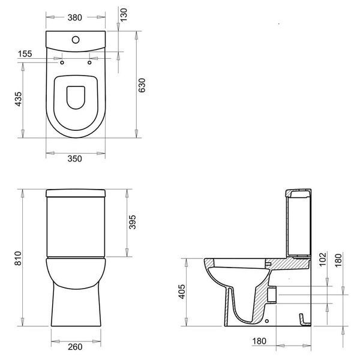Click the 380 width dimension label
[x=74, y=17]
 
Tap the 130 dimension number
[x=124, y=15]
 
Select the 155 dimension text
[x=25, y=54]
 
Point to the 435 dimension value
[x=19, y=99]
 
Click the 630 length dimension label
[x=142, y=85]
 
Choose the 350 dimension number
[x=74, y=158]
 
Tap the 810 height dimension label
[x=18, y=258]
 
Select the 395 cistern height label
[x=132, y=222]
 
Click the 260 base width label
[x=75, y=347]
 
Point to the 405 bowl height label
[x=182, y=292]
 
